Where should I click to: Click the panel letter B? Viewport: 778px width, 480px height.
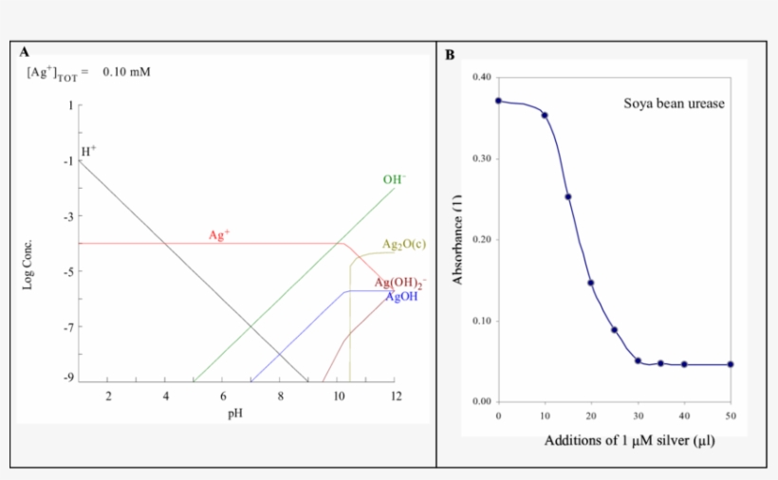coord(450,54)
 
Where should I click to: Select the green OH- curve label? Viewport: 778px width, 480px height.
coord(394,179)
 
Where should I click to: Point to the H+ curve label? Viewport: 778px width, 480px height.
coord(88,151)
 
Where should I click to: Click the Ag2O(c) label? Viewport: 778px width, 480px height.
coord(403,245)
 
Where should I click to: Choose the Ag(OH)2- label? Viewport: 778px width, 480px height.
coord(399,283)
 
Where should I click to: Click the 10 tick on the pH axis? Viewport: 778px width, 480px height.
coord(339,396)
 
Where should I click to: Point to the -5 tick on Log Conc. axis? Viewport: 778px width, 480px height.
coord(66,272)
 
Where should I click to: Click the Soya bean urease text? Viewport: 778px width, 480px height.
coord(674,103)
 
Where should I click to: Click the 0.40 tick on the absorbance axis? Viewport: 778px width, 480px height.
coord(482,77)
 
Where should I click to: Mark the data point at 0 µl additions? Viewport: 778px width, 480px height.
coord(498,101)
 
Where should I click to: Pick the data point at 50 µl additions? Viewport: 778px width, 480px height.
coord(731,364)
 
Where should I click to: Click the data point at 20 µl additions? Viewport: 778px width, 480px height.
coord(590,283)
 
